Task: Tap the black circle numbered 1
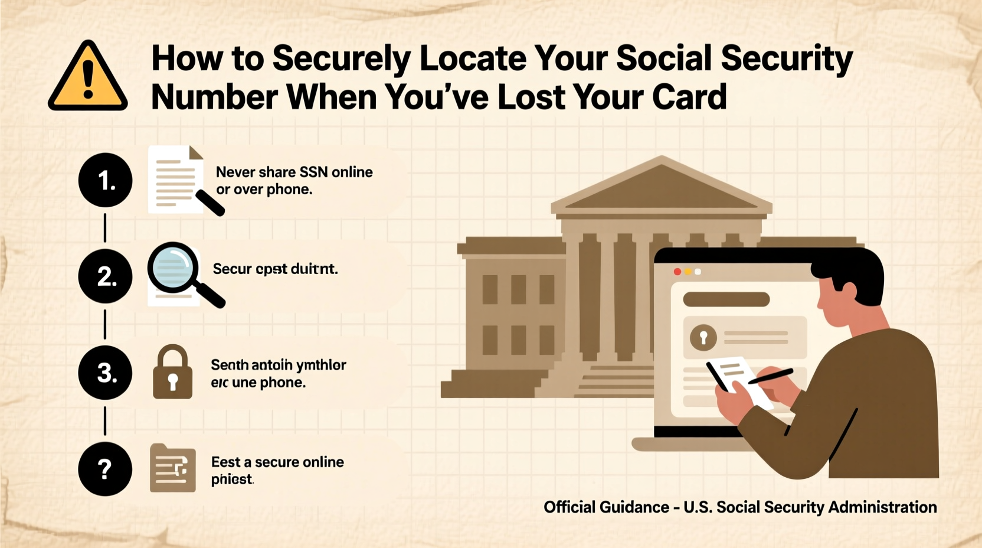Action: (x=105, y=180)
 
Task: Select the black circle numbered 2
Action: (x=105, y=276)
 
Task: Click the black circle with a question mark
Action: (x=105, y=469)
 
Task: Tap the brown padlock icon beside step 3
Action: (x=172, y=373)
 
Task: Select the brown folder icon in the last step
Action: (x=172, y=469)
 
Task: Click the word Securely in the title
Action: (x=341, y=58)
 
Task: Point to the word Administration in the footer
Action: (x=882, y=507)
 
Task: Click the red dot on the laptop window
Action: (x=677, y=272)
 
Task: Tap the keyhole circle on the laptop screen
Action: (x=703, y=337)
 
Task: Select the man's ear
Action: (x=848, y=292)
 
